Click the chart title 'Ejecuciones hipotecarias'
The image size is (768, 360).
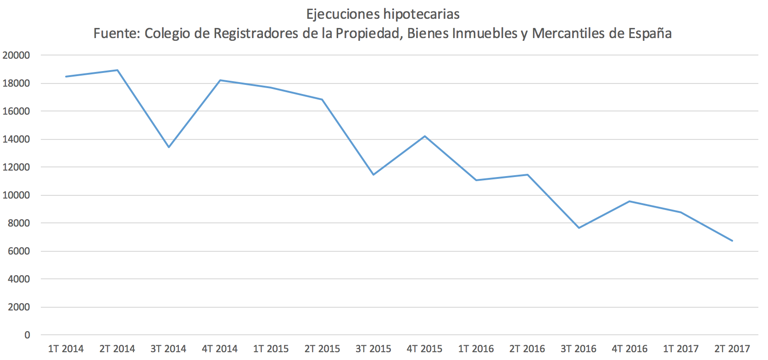coord(383,14)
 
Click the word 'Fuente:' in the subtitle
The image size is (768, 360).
coord(117,33)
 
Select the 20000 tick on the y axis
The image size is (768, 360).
coord(16,55)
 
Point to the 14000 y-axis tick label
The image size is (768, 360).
coord(16,139)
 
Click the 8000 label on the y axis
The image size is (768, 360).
coord(19,223)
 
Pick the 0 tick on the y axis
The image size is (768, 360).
coord(27,335)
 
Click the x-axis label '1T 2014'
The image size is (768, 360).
coord(66,349)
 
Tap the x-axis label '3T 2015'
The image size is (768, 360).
coord(373,349)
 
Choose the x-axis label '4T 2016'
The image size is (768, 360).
coord(629,349)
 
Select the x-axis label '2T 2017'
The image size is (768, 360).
coord(732,349)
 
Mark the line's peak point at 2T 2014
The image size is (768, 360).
coord(117,70)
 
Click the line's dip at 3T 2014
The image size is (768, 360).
coord(169,147)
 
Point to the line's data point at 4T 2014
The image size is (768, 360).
coord(220,80)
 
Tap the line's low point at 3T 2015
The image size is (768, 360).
coord(373,175)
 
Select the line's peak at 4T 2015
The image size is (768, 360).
coord(425,136)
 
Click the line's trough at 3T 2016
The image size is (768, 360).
coord(579,228)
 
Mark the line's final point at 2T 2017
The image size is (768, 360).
coord(732,241)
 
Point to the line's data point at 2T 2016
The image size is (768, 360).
coord(528,175)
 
